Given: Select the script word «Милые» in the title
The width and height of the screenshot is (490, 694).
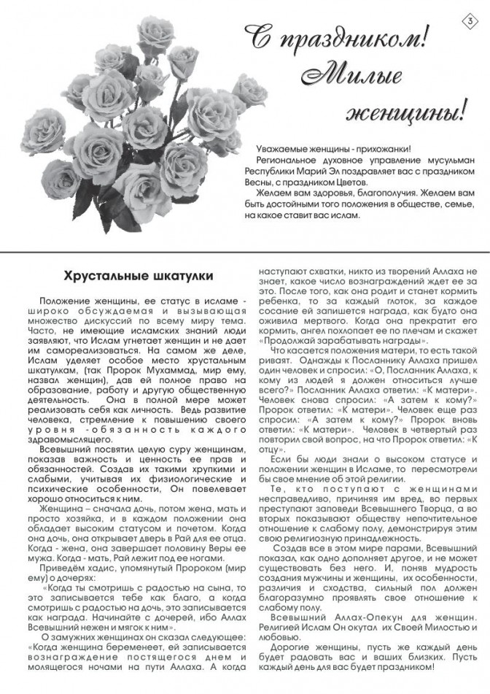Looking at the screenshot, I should pyautogui.click(x=349, y=75).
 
